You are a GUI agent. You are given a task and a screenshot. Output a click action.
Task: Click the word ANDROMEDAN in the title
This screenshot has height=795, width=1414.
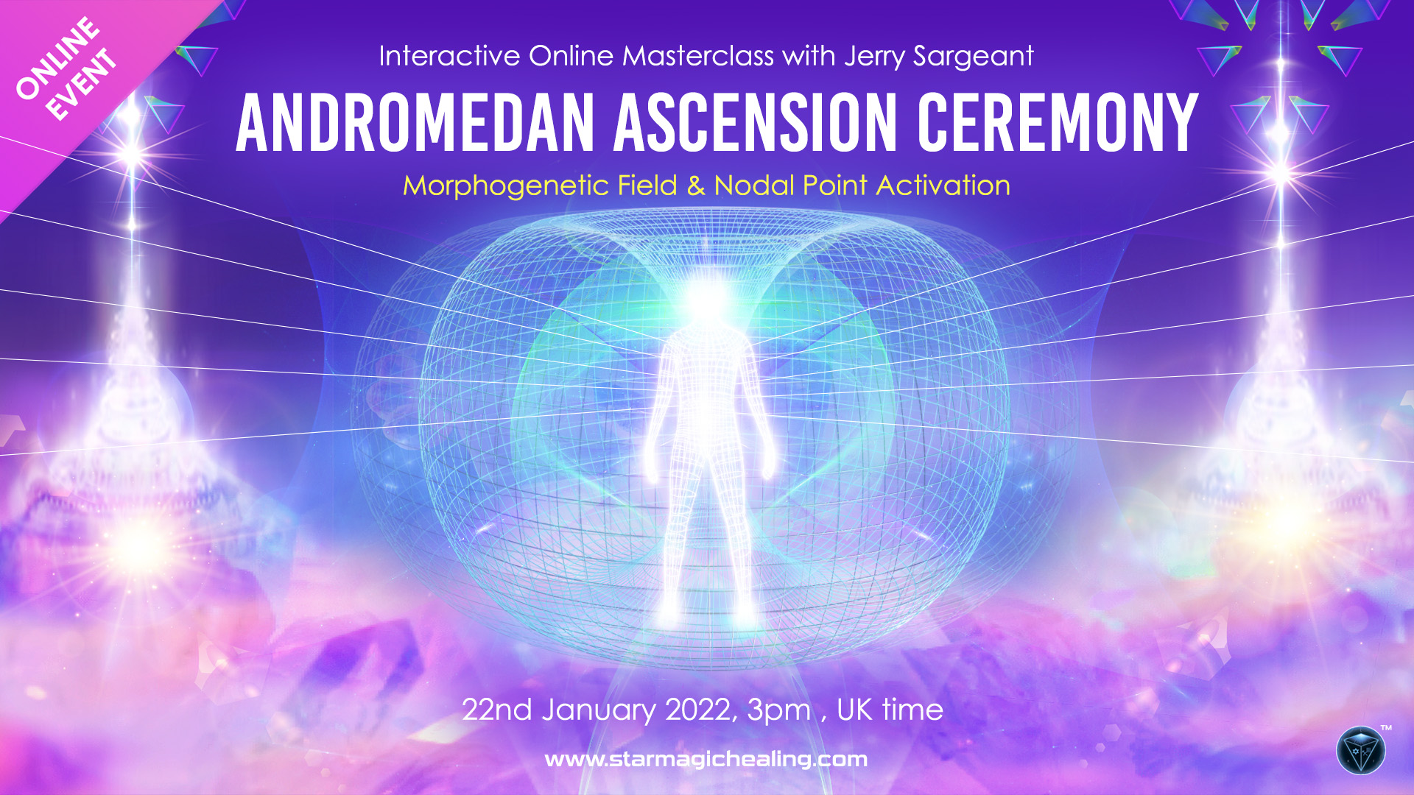tap(415, 123)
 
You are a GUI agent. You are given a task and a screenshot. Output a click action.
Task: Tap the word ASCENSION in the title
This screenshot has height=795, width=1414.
tap(756, 123)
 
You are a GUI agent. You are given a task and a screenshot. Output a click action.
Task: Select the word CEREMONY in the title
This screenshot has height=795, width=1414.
tap(1058, 123)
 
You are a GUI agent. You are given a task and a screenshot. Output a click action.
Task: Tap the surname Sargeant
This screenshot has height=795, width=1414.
tap(974, 57)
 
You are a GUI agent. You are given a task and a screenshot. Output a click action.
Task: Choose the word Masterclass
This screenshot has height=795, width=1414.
tap(698, 56)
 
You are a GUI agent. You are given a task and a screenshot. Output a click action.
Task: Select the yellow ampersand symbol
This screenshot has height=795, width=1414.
tap(696, 186)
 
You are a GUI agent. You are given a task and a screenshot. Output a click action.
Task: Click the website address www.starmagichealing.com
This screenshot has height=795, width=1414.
tap(706, 760)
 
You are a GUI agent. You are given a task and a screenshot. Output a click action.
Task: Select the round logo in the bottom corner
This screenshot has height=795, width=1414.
tap(1361, 751)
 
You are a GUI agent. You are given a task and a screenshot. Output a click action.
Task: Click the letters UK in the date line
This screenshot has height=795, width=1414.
tap(855, 710)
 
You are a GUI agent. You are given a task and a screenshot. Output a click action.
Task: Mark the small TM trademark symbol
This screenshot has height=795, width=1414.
tap(1386, 728)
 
